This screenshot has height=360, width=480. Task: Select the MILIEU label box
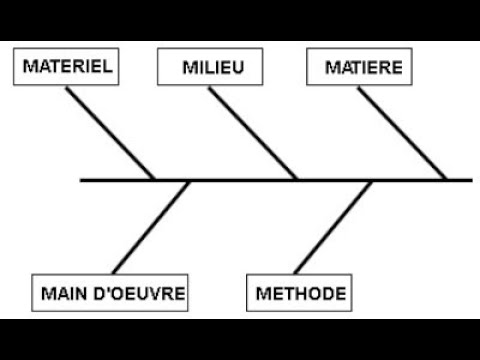[x=215, y=67]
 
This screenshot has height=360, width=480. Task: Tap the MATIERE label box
[x=363, y=67]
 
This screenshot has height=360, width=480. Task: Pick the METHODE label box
[x=301, y=294]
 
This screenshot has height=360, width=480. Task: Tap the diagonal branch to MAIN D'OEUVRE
[x=152, y=228]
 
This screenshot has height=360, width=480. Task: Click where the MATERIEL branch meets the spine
[x=154, y=180]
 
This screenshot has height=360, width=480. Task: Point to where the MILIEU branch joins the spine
[x=298, y=180]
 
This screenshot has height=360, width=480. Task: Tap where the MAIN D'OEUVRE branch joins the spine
[x=189, y=181]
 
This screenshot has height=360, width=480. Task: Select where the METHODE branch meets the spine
[x=372, y=181]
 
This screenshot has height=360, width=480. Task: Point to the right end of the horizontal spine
[x=470, y=180]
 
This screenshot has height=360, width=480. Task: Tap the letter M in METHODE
[x=263, y=294]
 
